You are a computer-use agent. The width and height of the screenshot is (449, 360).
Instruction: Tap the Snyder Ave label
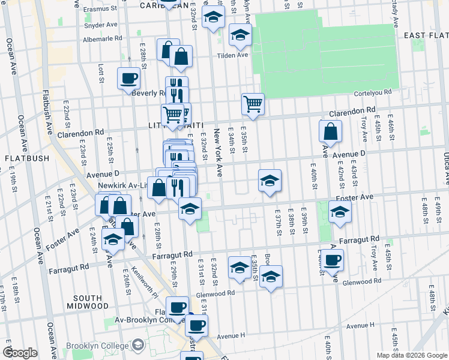pyautogui.click(x=100, y=25)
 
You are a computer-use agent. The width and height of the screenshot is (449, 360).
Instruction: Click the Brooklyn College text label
pyautogui.click(x=98, y=346)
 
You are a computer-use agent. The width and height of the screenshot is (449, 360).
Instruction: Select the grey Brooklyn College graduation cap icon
pyautogui.click(x=139, y=345)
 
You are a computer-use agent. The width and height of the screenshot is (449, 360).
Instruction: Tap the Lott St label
pyautogui.click(x=101, y=74)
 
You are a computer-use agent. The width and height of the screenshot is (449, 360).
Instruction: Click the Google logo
pyautogui.click(x=20, y=353)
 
